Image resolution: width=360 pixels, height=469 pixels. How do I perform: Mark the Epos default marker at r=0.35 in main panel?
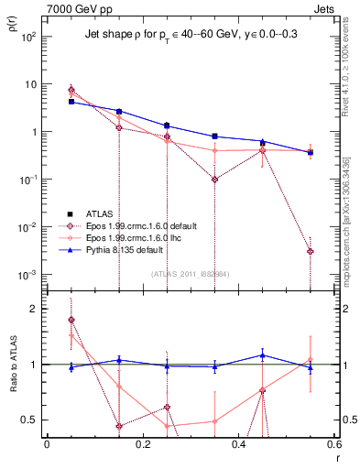(214, 180)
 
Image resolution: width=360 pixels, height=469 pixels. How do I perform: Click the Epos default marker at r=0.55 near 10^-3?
(311, 251)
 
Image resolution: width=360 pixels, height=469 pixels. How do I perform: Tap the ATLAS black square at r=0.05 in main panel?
(71, 102)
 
